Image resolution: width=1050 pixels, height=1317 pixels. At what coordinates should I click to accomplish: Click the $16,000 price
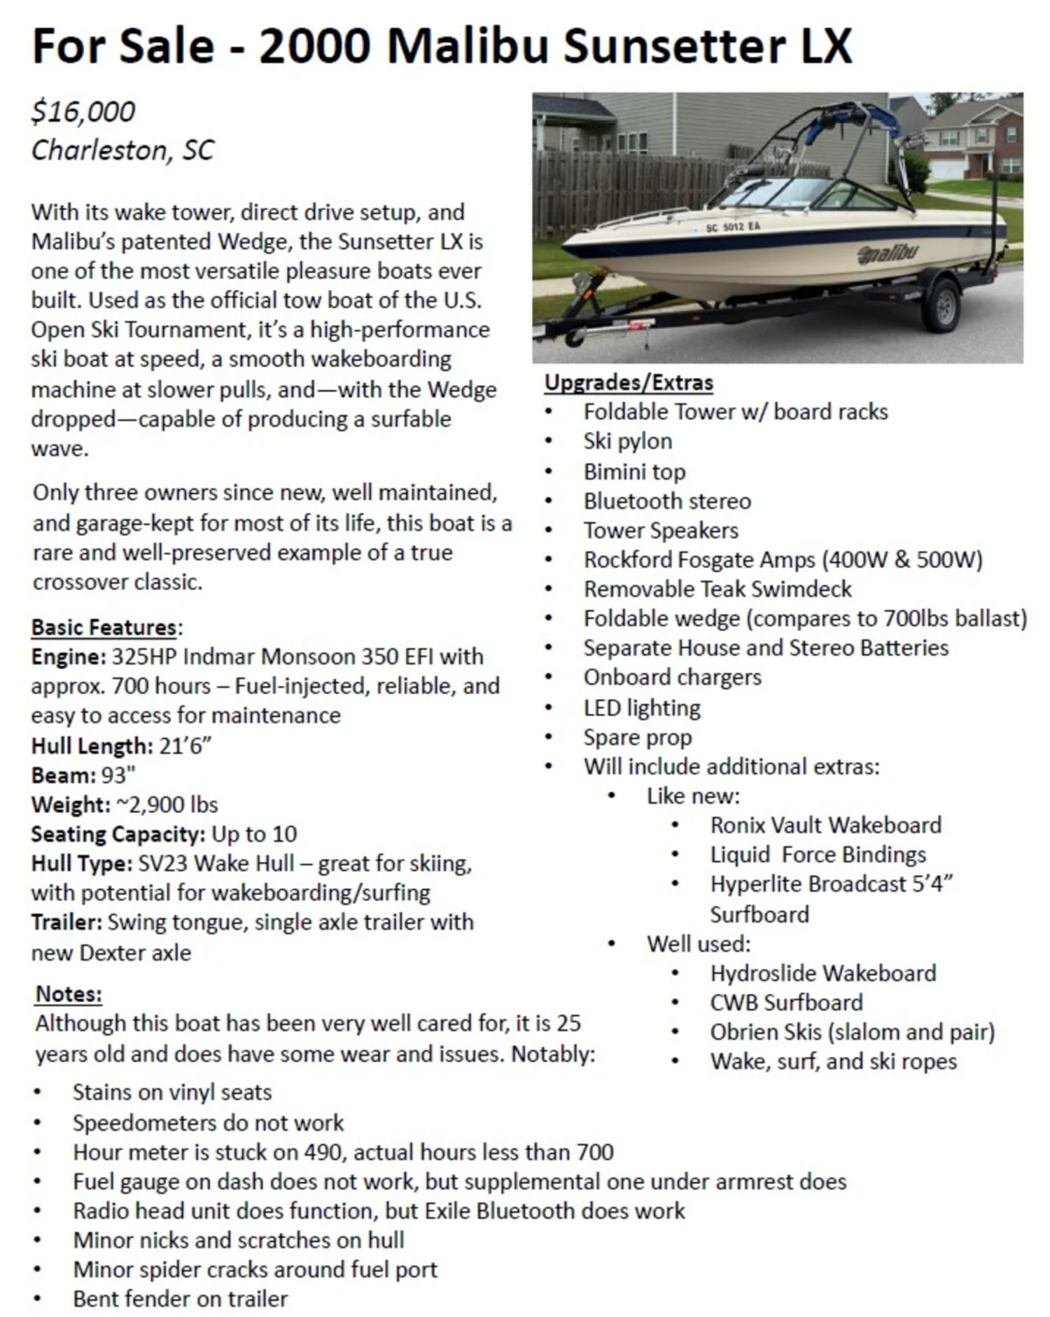click(x=83, y=112)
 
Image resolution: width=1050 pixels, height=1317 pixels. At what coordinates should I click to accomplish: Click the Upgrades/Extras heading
click(x=629, y=383)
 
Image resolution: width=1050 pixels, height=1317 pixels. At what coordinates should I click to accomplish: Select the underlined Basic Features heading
click(x=104, y=627)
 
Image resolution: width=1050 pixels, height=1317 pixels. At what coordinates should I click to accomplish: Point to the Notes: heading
click(x=69, y=994)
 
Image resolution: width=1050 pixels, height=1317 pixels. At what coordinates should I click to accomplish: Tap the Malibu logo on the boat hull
click(x=888, y=254)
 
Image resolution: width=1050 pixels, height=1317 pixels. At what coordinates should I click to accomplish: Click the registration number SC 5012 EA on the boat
click(x=733, y=227)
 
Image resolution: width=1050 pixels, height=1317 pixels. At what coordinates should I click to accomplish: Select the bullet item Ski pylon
click(x=627, y=441)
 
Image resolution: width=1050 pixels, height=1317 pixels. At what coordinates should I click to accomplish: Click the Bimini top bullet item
click(x=634, y=472)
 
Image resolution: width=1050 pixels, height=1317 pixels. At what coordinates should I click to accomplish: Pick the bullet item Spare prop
click(x=637, y=737)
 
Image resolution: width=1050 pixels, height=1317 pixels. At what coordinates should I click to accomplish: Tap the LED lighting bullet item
click(x=642, y=708)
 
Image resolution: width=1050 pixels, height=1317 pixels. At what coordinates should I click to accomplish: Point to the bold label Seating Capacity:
click(x=118, y=834)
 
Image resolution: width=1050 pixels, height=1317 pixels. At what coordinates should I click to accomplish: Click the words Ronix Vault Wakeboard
click(x=825, y=825)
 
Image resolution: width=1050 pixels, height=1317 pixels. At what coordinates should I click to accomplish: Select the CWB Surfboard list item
click(x=786, y=1002)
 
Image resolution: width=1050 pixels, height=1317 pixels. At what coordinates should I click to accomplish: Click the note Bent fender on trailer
click(x=180, y=1299)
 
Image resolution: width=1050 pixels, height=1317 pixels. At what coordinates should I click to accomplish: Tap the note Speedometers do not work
click(x=208, y=1122)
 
